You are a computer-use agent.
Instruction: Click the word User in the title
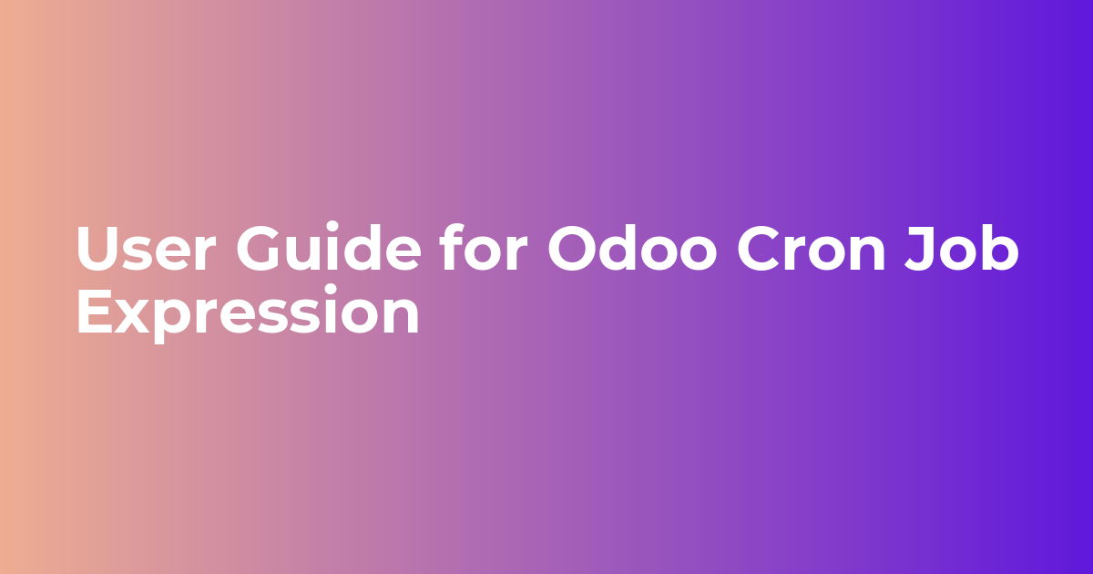(x=146, y=248)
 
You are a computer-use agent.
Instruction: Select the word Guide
(x=329, y=247)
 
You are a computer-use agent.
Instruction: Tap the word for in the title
(x=484, y=247)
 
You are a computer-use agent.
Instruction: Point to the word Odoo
(x=632, y=247)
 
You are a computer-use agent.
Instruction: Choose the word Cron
(x=811, y=248)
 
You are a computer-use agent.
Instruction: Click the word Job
(x=962, y=247)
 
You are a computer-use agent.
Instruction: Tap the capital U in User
(x=99, y=248)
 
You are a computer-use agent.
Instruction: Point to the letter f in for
(x=453, y=246)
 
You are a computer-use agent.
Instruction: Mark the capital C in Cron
(x=760, y=248)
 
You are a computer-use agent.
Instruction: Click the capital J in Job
(x=920, y=248)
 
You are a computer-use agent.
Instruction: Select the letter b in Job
(x=997, y=247)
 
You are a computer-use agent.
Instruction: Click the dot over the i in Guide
(x=332, y=228)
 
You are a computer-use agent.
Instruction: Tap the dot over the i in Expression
(x=332, y=291)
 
